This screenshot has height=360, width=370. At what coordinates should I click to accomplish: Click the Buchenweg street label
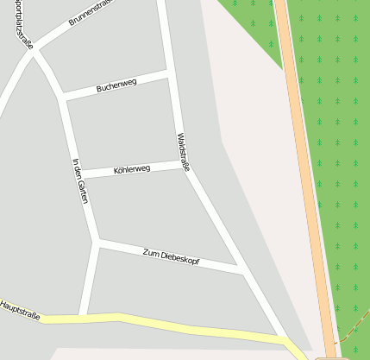(116, 86)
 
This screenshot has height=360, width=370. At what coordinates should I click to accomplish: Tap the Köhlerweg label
(132, 170)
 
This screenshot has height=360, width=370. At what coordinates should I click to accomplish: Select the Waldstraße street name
(182, 152)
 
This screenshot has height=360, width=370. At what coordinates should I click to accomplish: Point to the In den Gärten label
(80, 180)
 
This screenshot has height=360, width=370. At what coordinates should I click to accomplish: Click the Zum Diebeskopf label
(171, 256)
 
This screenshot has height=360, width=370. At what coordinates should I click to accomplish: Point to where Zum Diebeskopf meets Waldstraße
(241, 271)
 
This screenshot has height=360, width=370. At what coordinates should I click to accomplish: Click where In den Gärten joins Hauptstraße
(82, 316)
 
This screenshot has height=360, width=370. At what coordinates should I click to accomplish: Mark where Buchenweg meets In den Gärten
(62, 97)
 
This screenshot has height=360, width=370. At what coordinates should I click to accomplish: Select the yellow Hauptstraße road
(172, 325)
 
